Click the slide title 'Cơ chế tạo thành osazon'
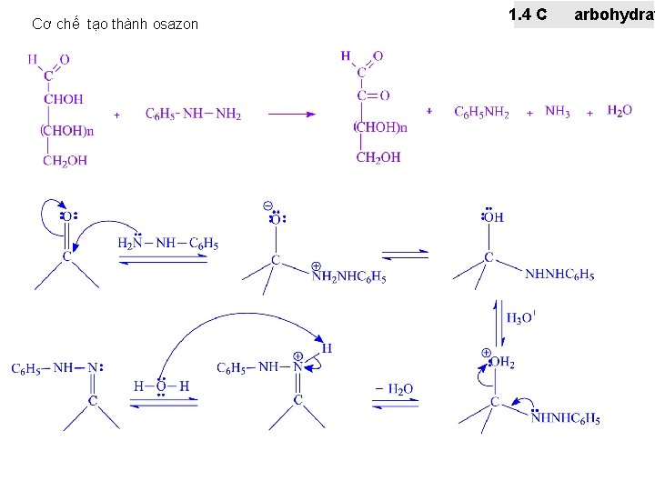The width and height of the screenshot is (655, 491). click(x=115, y=25)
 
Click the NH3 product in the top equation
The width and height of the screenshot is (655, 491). click(x=558, y=112)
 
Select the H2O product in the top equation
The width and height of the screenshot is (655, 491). click(x=620, y=111)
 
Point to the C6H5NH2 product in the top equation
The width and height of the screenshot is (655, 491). click(x=481, y=112)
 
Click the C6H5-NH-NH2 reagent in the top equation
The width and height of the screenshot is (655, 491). click(x=193, y=114)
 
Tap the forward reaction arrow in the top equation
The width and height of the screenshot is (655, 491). click(x=291, y=114)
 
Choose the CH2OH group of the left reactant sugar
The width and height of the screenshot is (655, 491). click(x=65, y=161)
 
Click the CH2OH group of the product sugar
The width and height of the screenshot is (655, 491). click(x=378, y=157)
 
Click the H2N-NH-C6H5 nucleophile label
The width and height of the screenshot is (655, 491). click(x=168, y=243)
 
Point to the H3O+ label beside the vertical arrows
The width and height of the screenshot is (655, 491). click(x=520, y=317)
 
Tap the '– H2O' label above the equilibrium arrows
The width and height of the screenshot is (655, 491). click(x=393, y=389)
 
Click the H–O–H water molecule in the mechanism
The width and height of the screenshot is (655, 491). click(x=161, y=386)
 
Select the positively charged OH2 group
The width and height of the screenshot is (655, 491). click(x=499, y=362)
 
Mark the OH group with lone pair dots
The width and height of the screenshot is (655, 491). click(x=492, y=216)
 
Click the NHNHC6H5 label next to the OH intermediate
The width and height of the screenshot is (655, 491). click(x=559, y=275)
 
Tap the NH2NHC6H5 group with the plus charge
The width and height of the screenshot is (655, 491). click(x=349, y=277)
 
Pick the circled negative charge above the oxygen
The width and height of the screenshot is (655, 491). click(x=268, y=205)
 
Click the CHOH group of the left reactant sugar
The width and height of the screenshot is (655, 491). click(x=64, y=99)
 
